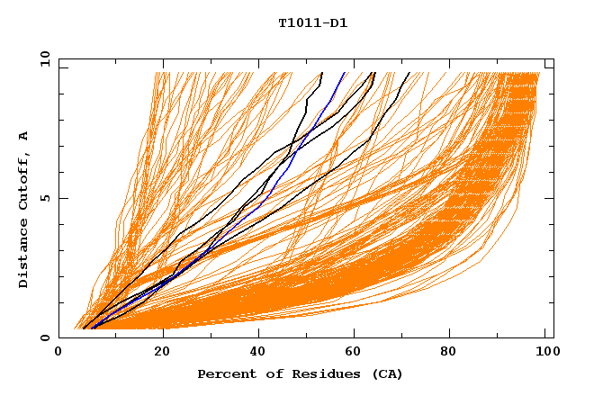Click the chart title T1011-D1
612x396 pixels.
pyautogui.click(x=312, y=23)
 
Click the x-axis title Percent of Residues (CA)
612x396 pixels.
pyautogui.click(x=300, y=373)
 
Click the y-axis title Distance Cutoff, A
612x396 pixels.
pyautogui.click(x=23, y=210)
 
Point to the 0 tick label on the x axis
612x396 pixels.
pyautogui.click(x=58, y=352)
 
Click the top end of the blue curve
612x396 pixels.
pyautogui.click(x=346, y=73)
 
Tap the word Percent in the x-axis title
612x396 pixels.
pyautogui.click(x=225, y=373)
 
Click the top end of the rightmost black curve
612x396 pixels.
pyautogui.click(x=409, y=73)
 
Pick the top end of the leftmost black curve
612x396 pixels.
pyautogui.click(x=322, y=73)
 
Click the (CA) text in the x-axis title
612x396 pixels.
pyautogui.click(x=388, y=373)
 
